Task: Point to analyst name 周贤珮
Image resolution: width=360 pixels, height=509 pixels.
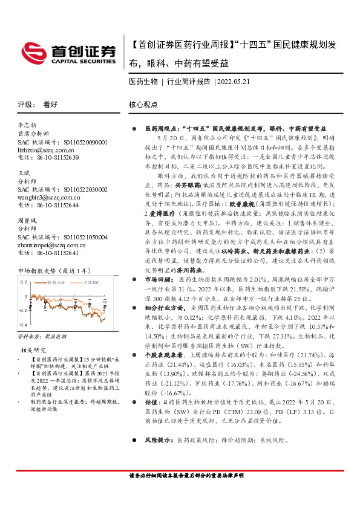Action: coord(27,222)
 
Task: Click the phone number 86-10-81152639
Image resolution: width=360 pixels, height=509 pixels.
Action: coord(54,157)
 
